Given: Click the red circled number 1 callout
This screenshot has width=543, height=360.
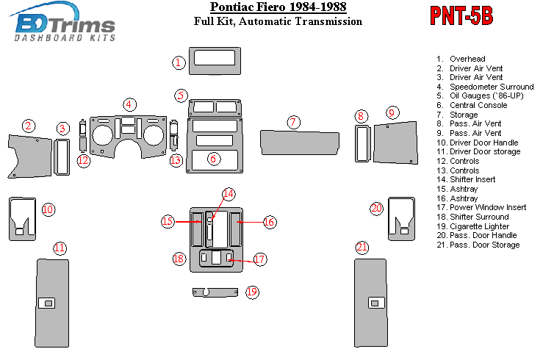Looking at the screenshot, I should click(x=179, y=62).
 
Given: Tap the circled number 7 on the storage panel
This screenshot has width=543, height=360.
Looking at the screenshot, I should click(x=293, y=122).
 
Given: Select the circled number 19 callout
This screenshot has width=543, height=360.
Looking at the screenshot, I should click(x=252, y=292).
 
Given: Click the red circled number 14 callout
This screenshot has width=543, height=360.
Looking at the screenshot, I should click(x=229, y=194).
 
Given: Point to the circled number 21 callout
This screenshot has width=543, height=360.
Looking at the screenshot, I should click(x=362, y=247).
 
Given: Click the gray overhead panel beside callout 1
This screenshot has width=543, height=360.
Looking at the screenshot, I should click(x=214, y=60).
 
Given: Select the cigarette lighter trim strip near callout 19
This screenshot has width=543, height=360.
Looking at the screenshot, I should click(x=215, y=292).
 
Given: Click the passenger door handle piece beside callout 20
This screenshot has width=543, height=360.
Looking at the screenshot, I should click(x=400, y=217).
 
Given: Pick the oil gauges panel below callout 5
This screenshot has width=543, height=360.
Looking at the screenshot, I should click(x=215, y=108).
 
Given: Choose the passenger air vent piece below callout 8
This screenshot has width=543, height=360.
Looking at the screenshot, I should click(x=361, y=145).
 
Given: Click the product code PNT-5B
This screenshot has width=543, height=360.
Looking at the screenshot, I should click(x=461, y=17).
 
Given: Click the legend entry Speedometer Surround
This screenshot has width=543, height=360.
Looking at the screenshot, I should click(x=492, y=87).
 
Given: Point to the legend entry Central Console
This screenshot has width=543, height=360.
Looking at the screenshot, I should click(x=479, y=105).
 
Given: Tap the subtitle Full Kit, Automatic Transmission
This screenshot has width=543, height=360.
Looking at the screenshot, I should click(x=278, y=21).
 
